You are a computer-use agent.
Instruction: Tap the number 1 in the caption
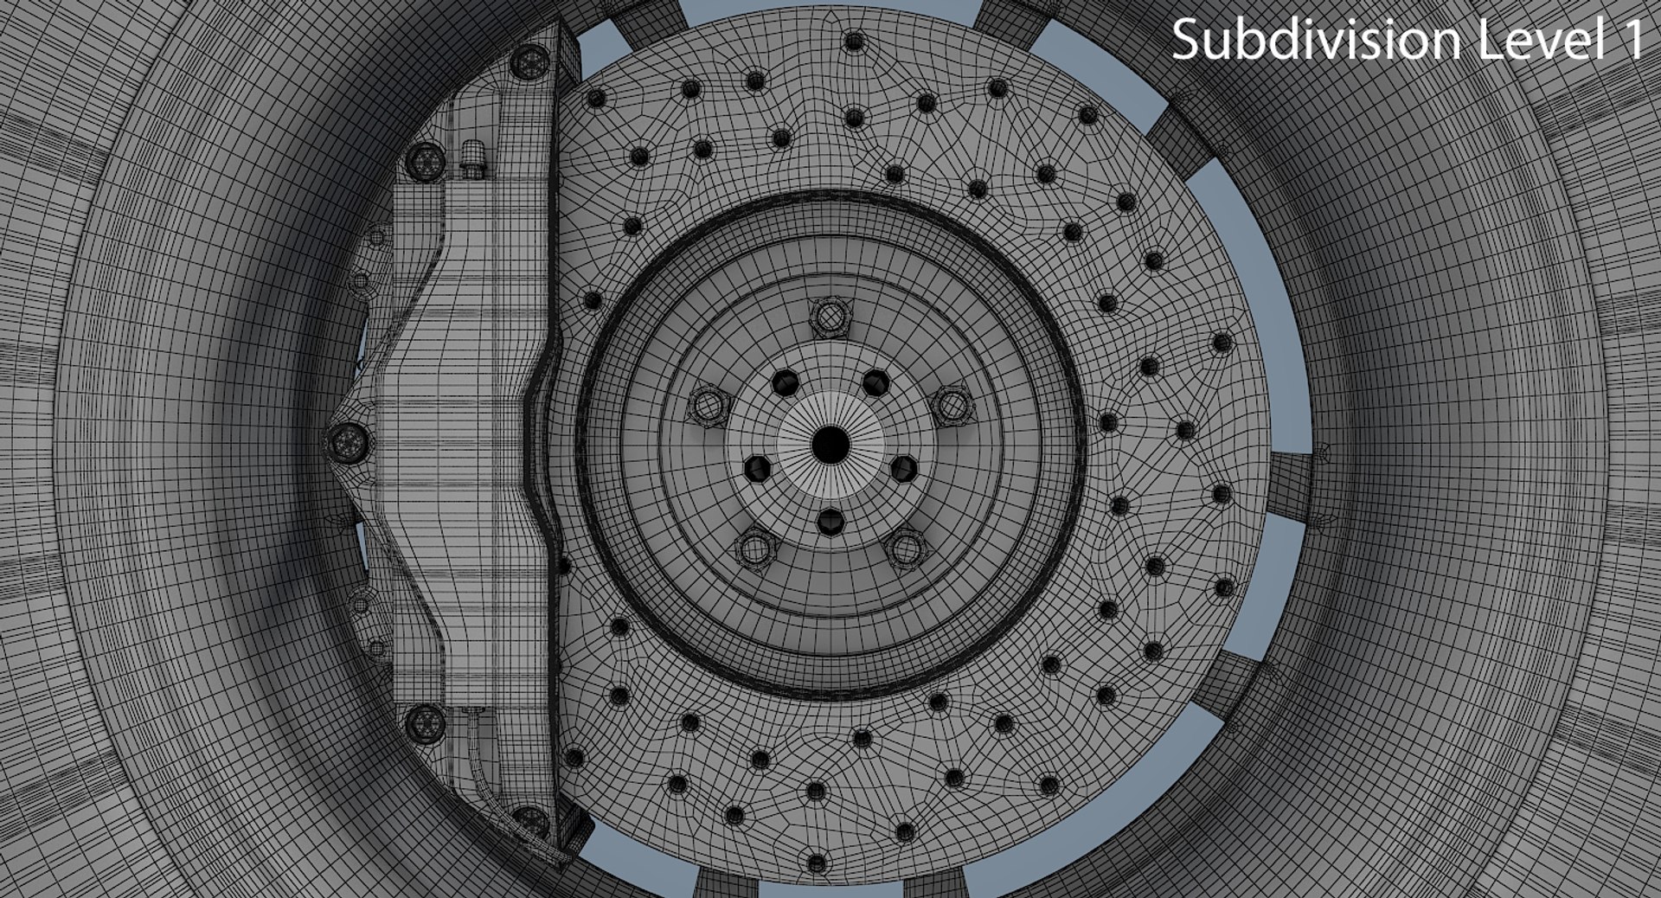[1632, 40]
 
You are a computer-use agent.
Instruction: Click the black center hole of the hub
[830, 444]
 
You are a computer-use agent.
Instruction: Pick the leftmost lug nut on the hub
[708, 404]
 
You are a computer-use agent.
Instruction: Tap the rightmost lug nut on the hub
[952, 405]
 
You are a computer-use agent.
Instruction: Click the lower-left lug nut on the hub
[754, 548]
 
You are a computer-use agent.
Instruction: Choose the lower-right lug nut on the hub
[906, 548]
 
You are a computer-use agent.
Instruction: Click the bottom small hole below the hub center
[830, 521]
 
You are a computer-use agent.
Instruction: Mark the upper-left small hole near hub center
[786, 381]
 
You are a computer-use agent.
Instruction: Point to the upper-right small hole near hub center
[876, 381]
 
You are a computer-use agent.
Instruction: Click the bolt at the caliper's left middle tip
[349, 443]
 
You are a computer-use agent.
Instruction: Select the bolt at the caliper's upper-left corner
[425, 160]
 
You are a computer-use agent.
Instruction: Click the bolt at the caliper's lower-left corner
[425, 722]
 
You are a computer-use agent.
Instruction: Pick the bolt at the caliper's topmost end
[529, 61]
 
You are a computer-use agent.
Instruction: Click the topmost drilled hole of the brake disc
[854, 41]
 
